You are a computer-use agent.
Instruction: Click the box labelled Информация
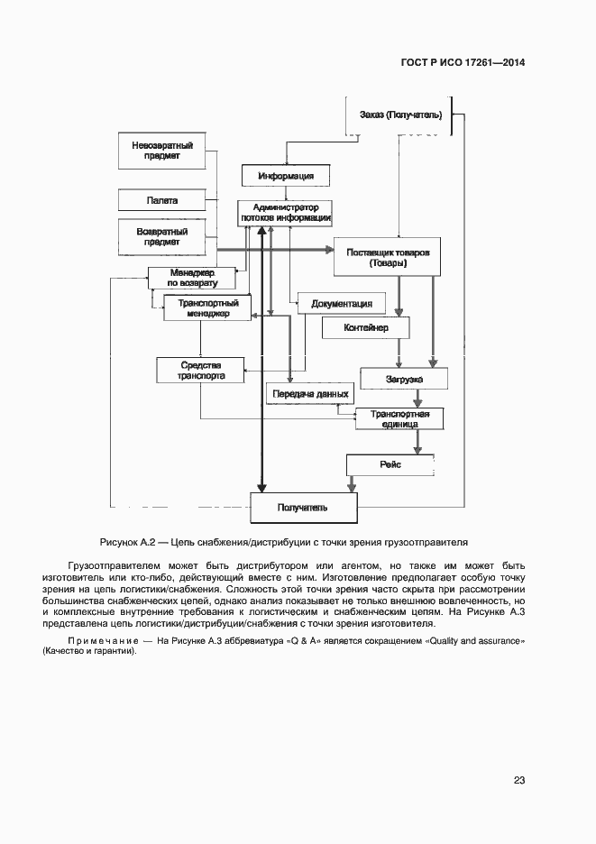(x=286, y=175)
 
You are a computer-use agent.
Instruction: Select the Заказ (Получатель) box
(x=399, y=115)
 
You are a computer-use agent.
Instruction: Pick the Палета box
(x=162, y=200)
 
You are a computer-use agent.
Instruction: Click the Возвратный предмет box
(x=162, y=236)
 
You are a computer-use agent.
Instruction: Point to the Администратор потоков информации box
(x=286, y=212)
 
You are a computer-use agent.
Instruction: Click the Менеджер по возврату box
(x=191, y=278)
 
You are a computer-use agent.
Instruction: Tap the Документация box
(x=342, y=303)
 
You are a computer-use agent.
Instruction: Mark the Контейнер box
(x=365, y=327)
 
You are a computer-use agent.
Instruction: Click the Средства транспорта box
(x=200, y=370)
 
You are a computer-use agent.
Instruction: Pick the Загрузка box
(x=404, y=380)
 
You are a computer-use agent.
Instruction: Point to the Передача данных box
(x=309, y=394)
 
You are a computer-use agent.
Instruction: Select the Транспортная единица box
(x=399, y=418)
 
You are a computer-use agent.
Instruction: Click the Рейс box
(x=390, y=464)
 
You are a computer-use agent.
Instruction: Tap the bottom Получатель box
(x=302, y=508)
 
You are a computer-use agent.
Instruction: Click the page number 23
(x=519, y=780)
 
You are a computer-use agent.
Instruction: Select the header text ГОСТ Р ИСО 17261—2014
(x=463, y=63)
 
